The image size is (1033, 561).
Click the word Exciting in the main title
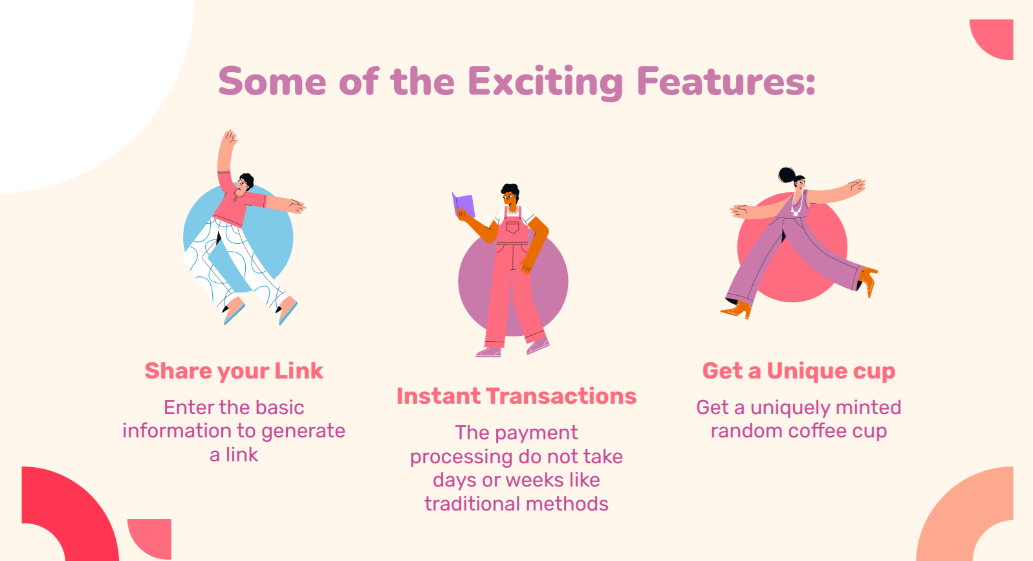tap(545, 82)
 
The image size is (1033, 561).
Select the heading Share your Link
tap(234, 371)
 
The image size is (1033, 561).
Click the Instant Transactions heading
tap(516, 396)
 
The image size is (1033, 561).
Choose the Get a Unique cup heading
tap(799, 371)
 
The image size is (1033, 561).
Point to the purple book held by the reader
tap(463, 204)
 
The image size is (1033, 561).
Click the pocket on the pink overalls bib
tap(512, 227)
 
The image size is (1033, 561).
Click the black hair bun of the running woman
tap(787, 175)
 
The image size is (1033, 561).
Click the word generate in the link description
tap(303, 432)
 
